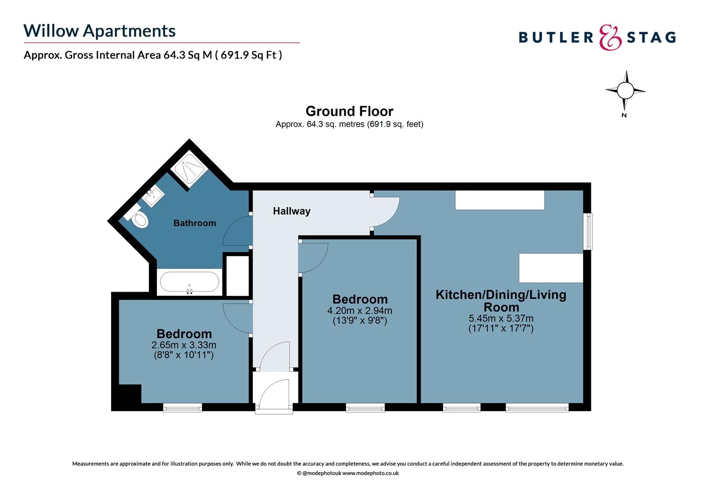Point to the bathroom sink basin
click(x=153, y=197)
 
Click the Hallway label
click(x=291, y=211)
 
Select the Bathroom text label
click(x=195, y=223)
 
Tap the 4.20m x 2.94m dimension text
click(x=360, y=311)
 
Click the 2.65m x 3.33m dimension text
click(x=184, y=345)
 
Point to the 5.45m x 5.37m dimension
click(x=501, y=318)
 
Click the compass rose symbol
click(x=625, y=90)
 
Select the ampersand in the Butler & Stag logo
click(x=610, y=38)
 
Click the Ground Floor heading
click(x=349, y=111)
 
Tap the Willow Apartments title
click(x=100, y=31)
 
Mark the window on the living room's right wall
click(x=588, y=231)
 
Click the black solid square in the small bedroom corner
click(x=127, y=394)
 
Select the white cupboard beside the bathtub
click(x=238, y=276)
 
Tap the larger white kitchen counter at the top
click(x=500, y=200)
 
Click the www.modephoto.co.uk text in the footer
click(x=370, y=473)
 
